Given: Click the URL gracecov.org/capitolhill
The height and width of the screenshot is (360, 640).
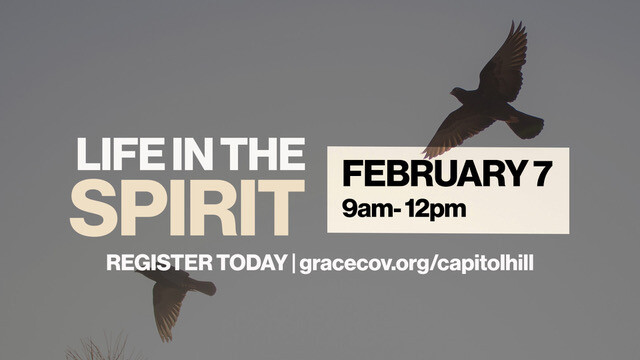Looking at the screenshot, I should tap(420, 264).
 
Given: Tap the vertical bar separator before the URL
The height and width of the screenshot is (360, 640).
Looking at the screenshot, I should tap(293, 263).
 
